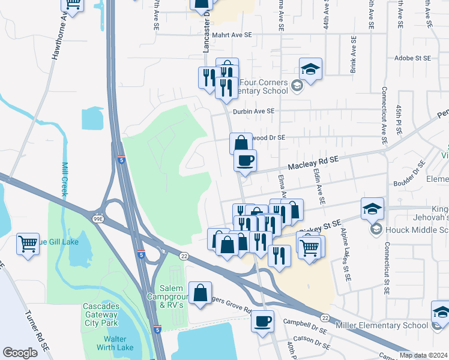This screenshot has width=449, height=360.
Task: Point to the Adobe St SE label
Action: [x=413, y=58]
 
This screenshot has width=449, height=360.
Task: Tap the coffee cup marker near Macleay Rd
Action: [x=245, y=161]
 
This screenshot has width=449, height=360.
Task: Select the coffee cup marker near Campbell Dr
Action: [x=262, y=322]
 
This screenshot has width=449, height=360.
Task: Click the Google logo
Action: [x=20, y=353]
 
